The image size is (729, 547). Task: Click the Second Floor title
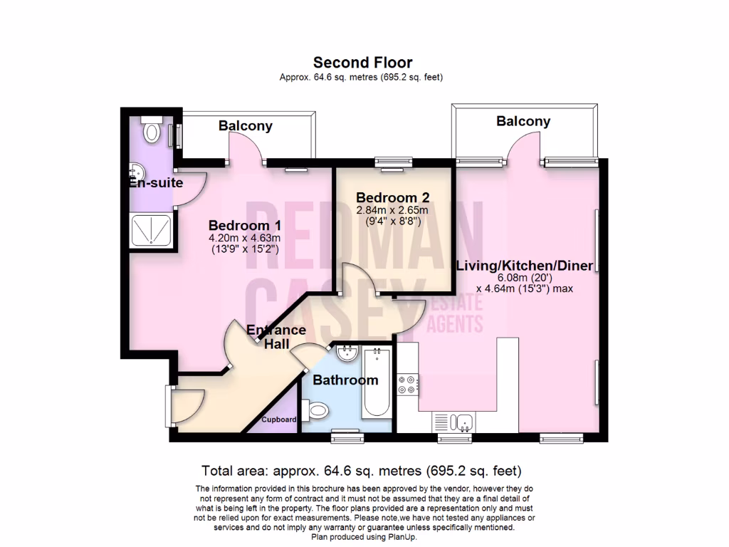coord(363,63)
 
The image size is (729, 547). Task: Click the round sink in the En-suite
coord(137,172)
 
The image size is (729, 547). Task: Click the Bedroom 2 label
coord(392,197)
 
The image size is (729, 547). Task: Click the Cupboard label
coord(278,420)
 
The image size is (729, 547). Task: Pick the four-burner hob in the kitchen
coord(409,385)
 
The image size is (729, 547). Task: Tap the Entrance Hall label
coord(276,337)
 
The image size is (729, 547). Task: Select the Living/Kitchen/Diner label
coord(524,266)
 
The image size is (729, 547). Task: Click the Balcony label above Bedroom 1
coord(245,126)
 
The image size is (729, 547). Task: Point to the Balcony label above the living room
coord(523,121)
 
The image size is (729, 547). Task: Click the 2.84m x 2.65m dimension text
coord(392,210)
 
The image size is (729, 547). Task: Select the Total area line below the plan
coord(362,471)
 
